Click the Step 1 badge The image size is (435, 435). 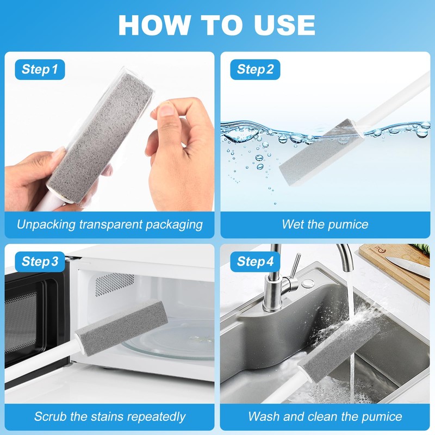pos(40,69)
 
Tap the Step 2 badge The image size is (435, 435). pos(255,69)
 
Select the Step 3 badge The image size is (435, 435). pos(40,262)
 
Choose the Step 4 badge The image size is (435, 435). pos(255,262)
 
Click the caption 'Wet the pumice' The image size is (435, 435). pos(325,224)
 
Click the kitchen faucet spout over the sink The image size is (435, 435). pos(346,256)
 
